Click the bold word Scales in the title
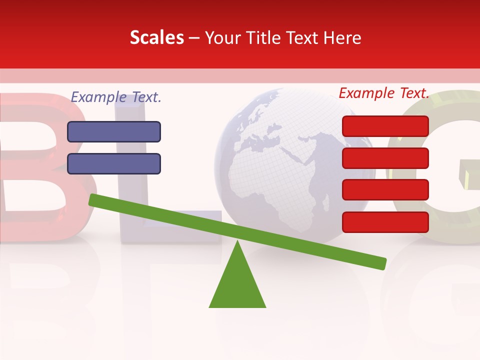156,38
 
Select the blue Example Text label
116,97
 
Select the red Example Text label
384,93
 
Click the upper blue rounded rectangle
114,131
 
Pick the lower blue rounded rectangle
114,163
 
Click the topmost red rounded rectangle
385,126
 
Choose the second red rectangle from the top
385,158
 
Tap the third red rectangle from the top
385,190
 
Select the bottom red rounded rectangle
385,222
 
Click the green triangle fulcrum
237,285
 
